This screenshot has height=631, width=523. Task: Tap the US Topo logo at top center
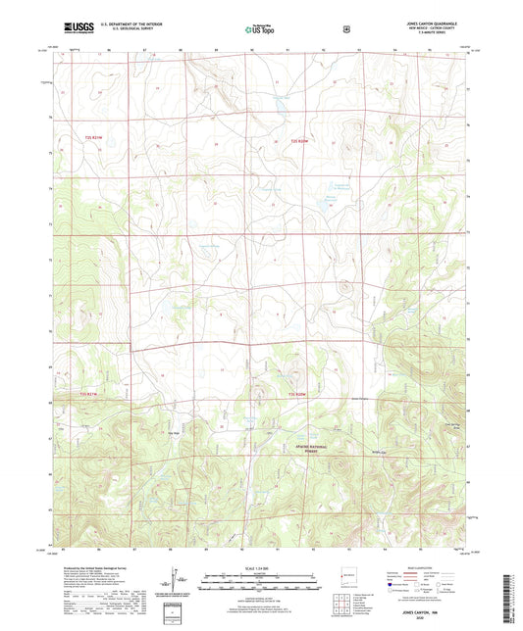(260, 29)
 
